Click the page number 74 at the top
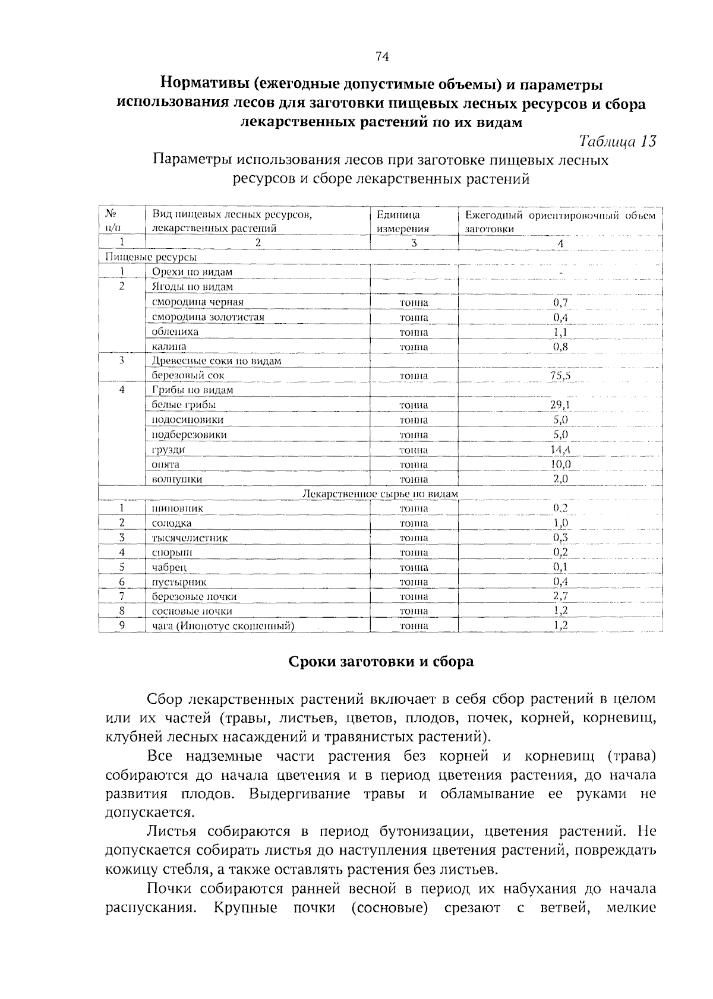click(x=382, y=56)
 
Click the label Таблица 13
click(x=617, y=142)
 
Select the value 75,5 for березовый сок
click(x=560, y=375)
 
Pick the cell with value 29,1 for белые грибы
click(x=560, y=405)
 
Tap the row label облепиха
click(x=175, y=332)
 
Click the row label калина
click(x=169, y=346)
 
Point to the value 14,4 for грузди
click(x=560, y=450)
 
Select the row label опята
click(x=166, y=464)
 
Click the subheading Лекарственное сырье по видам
click(x=380, y=494)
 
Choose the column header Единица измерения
click(x=403, y=222)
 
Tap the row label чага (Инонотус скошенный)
click(x=223, y=626)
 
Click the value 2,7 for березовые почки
click(x=560, y=596)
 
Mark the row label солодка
click(x=172, y=523)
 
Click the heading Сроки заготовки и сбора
click(x=381, y=662)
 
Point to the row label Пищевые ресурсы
click(x=150, y=257)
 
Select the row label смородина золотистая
click(x=208, y=317)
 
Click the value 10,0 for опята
click(x=560, y=464)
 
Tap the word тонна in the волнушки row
click(x=414, y=479)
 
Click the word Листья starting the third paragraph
click(x=172, y=831)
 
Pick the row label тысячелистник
click(x=190, y=538)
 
